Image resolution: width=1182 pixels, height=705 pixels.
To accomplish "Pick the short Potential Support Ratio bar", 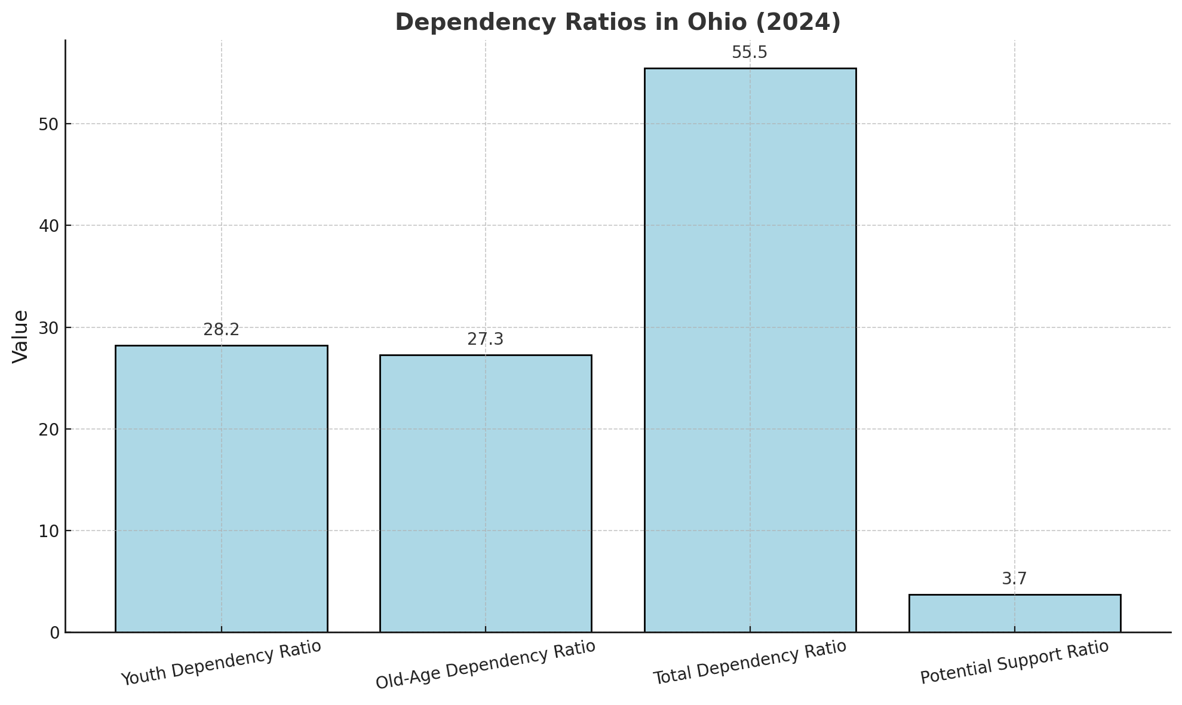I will coord(1014,614).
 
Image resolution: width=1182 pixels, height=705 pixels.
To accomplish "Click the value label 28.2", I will coord(221,330).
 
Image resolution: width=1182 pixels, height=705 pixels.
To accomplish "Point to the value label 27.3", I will coord(485,339).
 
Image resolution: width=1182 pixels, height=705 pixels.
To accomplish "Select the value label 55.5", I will coord(750,53).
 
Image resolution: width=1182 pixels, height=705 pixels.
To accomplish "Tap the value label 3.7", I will coord(1014,579).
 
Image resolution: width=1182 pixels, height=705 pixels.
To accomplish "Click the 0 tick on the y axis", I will coord(54,633).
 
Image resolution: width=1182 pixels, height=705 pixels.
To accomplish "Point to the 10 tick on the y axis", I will coord(50,531).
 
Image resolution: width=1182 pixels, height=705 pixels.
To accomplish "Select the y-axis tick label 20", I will coord(50,430).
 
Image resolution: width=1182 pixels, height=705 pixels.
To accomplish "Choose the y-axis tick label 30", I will coord(50,328).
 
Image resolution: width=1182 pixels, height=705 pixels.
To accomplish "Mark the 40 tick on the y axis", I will coord(50,226).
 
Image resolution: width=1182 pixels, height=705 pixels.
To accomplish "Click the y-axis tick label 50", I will coord(50,124).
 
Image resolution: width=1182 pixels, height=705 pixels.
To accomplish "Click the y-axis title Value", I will coord(20,336).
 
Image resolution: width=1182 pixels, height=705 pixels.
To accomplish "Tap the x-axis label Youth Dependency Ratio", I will coord(221,663).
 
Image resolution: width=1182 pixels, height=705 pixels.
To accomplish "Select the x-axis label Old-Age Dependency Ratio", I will coord(485,665).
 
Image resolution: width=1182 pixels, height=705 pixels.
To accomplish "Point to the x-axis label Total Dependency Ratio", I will coord(750,663).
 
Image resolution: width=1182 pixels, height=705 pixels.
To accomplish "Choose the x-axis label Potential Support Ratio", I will coord(1014,663).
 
